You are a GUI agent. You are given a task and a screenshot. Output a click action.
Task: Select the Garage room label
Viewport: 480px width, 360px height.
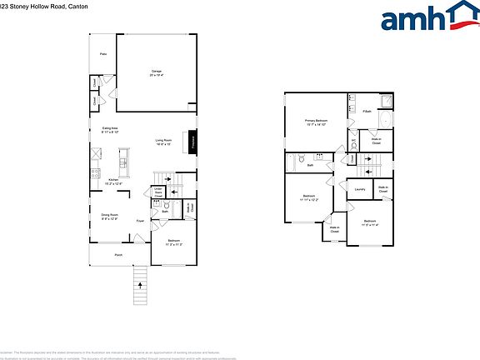pyautogui.click(x=156, y=72)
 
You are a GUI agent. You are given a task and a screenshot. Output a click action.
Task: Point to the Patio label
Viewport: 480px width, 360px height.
pyautogui.click(x=103, y=54)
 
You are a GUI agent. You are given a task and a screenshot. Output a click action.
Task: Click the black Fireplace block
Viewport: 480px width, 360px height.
pyautogui.click(x=192, y=142)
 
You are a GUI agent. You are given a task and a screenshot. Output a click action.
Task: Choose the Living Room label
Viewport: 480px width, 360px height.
pyautogui.click(x=162, y=142)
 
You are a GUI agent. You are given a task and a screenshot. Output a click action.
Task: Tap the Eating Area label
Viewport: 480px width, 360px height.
pyautogui.click(x=110, y=129)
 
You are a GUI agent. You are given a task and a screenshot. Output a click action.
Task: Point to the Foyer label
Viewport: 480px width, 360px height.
pyautogui.click(x=140, y=221)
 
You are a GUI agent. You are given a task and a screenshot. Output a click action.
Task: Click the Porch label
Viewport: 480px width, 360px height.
pyautogui.click(x=118, y=255)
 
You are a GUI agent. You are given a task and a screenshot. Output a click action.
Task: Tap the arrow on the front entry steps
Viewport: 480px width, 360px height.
pyautogui.click(x=140, y=287)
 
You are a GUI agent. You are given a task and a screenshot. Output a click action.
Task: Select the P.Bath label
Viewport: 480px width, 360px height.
pyautogui.click(x=367, y=111)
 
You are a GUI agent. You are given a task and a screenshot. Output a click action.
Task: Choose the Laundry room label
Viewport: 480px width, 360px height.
pyautogui.click(x=360, y=190)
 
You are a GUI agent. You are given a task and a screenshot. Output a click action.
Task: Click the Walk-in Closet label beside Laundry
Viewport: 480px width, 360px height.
pyautogui.click(x=382, y=189)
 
